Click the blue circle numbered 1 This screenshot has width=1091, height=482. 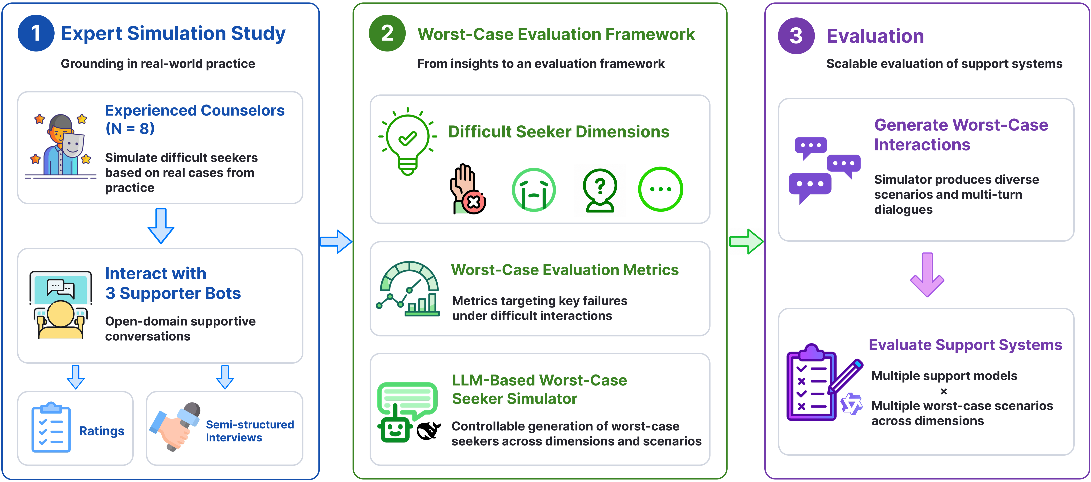pos(36,33)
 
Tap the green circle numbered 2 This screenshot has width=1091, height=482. pos(387,33)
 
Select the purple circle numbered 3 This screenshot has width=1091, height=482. pos(796,36)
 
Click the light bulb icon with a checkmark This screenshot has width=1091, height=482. pos(407,141)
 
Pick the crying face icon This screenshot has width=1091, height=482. pos(534,190)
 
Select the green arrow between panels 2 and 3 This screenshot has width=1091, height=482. pos(746,242)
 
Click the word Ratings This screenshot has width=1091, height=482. pos(102,431)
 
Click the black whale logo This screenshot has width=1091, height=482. pos(429,431)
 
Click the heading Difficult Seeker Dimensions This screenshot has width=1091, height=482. pos(559,132)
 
